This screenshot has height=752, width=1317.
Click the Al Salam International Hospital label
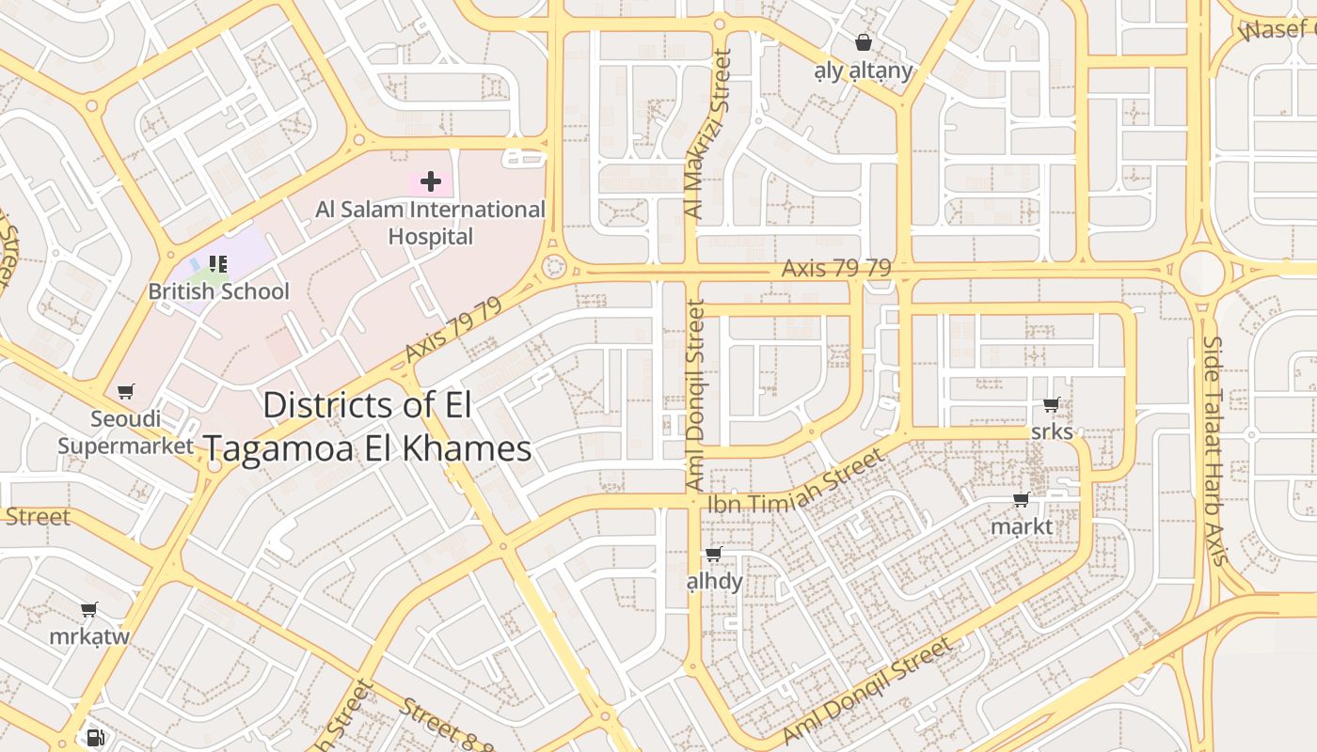pos(430,223)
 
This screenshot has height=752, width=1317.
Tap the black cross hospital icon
pos(431,180)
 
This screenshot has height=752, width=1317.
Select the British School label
pos(218,291)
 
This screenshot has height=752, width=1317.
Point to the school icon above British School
pos(218,264)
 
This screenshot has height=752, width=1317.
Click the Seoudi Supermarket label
pos(126,431)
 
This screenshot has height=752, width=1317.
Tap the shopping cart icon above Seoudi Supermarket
pos(125,391)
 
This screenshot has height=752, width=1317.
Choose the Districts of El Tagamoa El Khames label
pos(367,427)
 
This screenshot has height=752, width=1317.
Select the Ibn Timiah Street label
pos(796,481)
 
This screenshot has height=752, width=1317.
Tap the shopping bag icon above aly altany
pos(863,42)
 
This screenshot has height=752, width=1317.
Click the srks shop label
pos(1052,431)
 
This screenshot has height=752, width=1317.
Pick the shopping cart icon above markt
pos(1022,499)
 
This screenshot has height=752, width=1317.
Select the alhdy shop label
pos(714,581)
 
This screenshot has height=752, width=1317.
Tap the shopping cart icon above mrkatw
pos(89,610)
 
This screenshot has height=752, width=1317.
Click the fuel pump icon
pos(94,738)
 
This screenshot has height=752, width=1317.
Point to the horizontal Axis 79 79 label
pos(835,268)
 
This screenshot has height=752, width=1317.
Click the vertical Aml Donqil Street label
pos(695,395)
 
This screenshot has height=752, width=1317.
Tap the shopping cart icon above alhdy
pos(714,555)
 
